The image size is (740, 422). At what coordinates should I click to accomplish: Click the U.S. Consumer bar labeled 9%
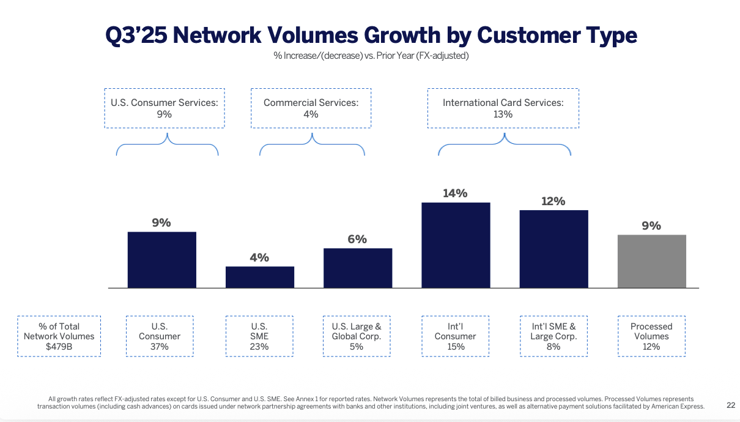(x=162, y=260)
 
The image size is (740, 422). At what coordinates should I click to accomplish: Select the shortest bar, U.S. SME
(x=260, y=277)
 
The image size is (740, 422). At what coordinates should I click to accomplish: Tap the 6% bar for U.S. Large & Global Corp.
(x=358, y=268)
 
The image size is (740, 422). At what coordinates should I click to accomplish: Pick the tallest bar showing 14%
(x=456, y=245)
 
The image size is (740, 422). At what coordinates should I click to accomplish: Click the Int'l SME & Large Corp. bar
(x=553, y=249)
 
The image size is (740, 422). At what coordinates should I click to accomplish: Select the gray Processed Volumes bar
(x=651, y=261)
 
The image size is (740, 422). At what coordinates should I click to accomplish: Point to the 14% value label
(x=455, y=194)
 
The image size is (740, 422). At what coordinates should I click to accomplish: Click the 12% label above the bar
(x=553, y=201)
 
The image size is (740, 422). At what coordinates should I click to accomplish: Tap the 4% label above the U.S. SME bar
(x=259, y=258)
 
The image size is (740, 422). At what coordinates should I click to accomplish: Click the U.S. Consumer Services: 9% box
(x=164, y=108)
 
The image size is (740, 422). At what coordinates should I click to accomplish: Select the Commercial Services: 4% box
(x=311, y=108)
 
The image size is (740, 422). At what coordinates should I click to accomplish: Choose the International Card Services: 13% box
(x=503, y=108)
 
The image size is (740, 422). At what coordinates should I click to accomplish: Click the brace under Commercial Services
(x=312, y=145)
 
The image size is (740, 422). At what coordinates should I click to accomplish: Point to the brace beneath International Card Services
(x=505, y=145)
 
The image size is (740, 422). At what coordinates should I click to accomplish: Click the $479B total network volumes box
(x=59, y=336)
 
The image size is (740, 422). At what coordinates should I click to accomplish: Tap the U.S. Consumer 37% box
(x=160, y=336)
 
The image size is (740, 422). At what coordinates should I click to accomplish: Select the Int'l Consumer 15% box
(x=455, y=336)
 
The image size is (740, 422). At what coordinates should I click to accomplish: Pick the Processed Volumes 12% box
(x=651, y=336)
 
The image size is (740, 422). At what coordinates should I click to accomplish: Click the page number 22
(x=731, y=405)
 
